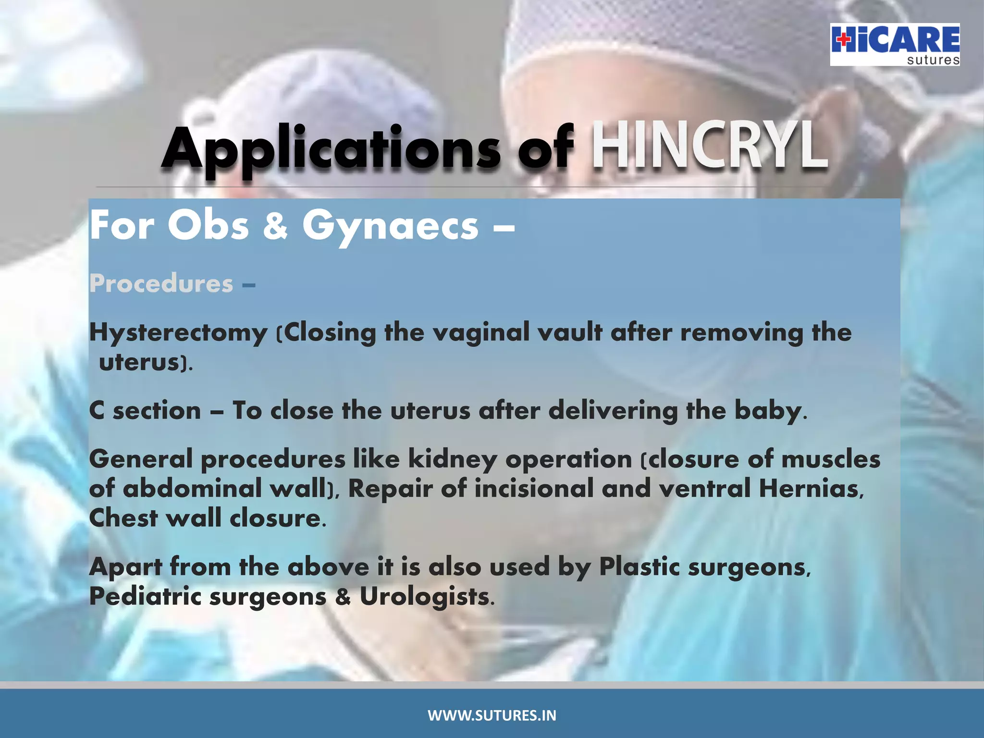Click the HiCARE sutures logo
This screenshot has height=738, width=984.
coord(895,44)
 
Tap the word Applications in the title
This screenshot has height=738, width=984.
coord(332,149)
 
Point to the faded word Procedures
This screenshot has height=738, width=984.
coord(161,283)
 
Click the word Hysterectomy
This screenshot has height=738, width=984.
coord(178,333)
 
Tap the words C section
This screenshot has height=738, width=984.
coord(145,411)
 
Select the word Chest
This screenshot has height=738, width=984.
coord(123,518)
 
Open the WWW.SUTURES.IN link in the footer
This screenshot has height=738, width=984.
coord(492,715)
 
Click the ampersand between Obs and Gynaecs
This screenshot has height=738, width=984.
coord(275,226)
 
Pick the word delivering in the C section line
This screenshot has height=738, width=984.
coord(613,411)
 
